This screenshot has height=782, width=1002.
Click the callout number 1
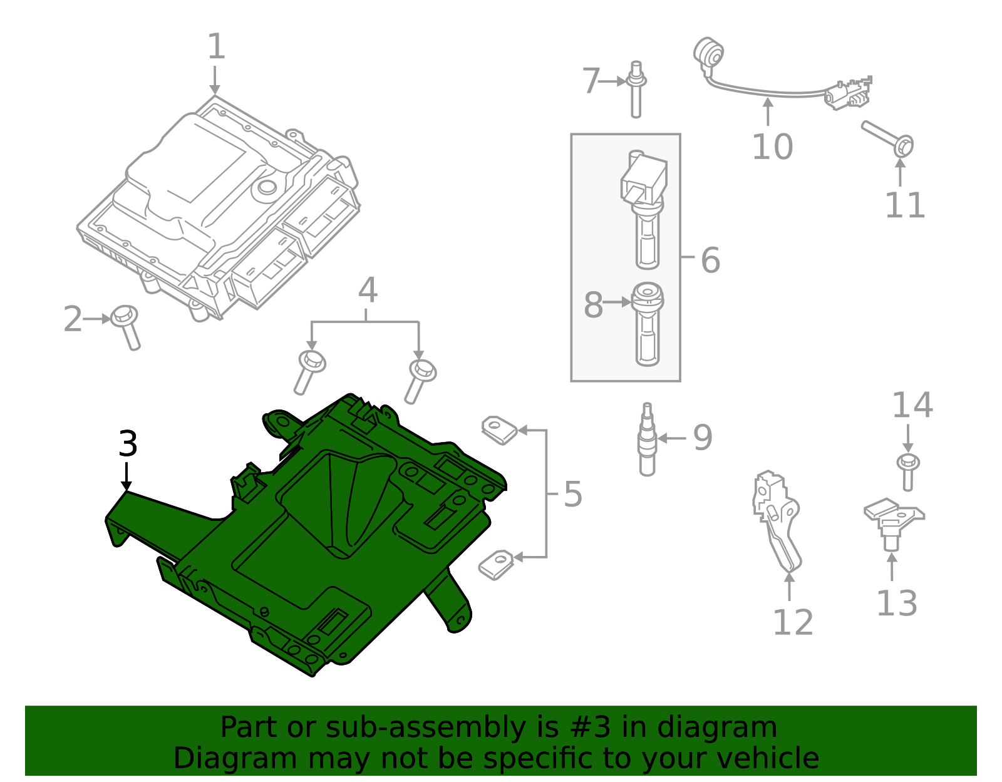pyautogui.click(x=215, y=47)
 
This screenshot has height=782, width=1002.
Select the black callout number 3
pyautogui.click(x=128, y=444)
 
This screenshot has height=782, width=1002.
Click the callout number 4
pyautogui.click(x=368, y=291)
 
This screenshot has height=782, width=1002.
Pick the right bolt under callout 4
pyautogui.click(x=420, y=379)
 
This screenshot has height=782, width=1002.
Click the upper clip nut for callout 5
pyautogui.click(x=499, y=430)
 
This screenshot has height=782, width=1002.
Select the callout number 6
pyautogui.click(x=710, y=260)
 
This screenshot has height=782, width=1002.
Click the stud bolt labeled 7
pyautogui.click(x=636, y=89)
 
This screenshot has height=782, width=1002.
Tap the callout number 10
pyautogui.click(x=772, y=147)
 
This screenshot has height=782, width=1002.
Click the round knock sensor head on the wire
pyautogui.click(x=709, y=53)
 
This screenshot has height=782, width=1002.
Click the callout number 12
pyautogui.click(x=793, y=622)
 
